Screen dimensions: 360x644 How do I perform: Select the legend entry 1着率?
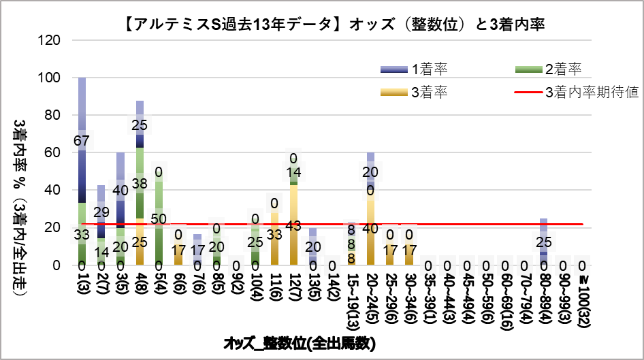coord(429,69)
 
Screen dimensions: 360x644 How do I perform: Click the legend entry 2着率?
coord(562,69)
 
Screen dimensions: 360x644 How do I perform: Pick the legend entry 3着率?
coord(429,93)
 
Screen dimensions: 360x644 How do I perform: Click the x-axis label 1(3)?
coord(82,292)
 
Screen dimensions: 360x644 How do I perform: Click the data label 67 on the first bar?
coord(82,141)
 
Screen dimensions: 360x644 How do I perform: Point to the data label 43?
coord(294,225)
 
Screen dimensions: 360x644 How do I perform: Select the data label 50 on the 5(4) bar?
coord(159,218)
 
